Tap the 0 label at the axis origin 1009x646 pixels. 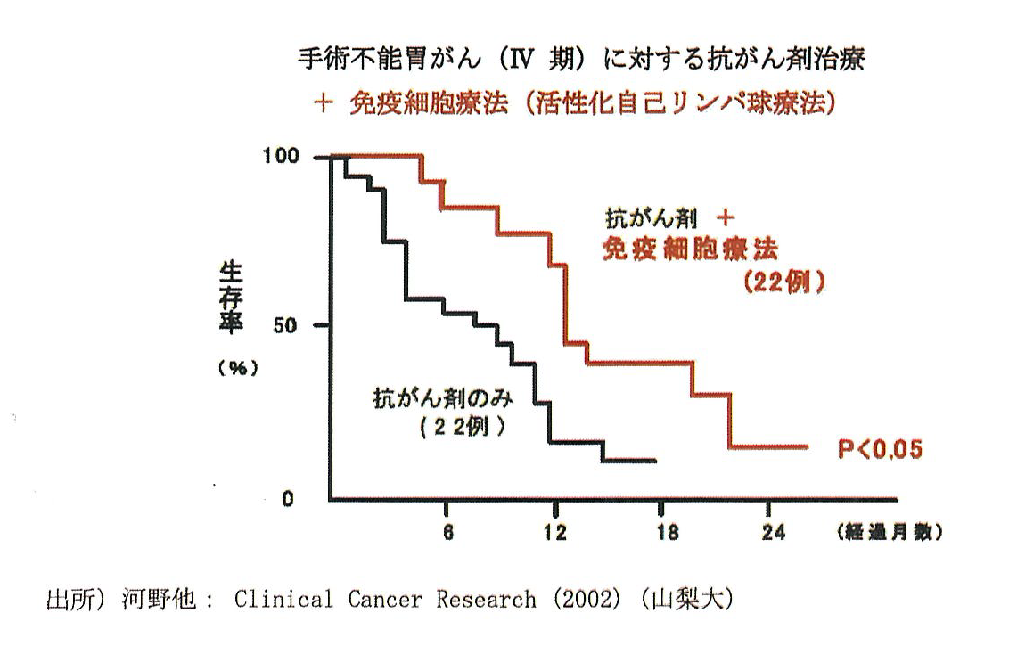click(288, 498)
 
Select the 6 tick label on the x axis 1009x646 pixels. click(447, 532)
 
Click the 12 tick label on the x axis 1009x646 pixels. click(555, 532)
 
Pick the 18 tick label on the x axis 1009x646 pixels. click(665, 532)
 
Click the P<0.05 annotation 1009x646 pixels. click(878, 450)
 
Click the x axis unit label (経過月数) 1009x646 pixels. click(888, 533)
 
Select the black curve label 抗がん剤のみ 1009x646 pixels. click(443, 399)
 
